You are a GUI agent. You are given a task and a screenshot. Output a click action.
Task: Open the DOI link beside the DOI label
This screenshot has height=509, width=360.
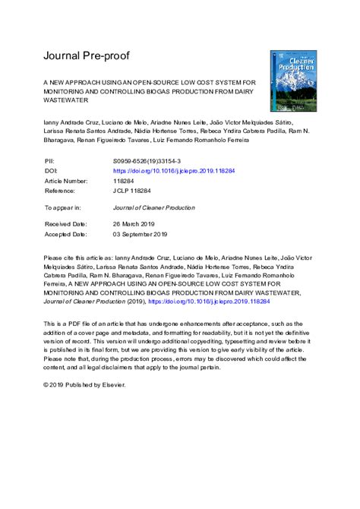pos(174,172)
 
